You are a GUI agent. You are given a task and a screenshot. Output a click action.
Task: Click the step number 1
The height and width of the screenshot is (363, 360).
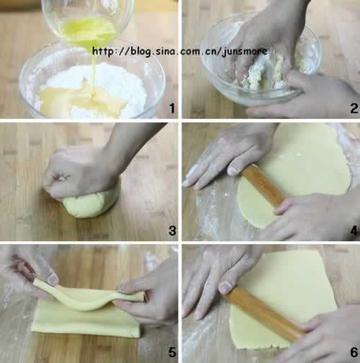pos(172,108)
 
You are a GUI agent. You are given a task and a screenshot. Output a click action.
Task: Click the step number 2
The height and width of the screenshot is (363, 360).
pos(354,108)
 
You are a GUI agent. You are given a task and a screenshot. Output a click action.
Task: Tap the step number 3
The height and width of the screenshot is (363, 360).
pos(172,230)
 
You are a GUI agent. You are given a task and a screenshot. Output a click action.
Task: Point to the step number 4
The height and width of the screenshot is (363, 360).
pos(354,230)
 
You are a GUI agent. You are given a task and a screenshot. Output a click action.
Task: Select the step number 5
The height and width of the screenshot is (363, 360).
pos(172,352)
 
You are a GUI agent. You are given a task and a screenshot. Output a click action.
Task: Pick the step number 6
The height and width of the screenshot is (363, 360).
pos(354,352)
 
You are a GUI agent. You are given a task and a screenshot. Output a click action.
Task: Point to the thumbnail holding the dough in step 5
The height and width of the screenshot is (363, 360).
pos(53,279)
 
